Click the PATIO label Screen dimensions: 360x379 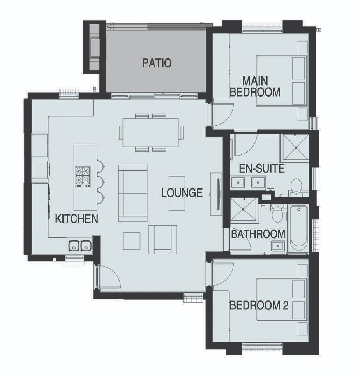[x=157, y=63]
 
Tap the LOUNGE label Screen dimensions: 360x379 [x=182, y=193]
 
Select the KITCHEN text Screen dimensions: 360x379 [x=76, y=219]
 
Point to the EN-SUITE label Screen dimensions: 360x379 [x=261, y=168]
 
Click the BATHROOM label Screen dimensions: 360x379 [x=258, y=234]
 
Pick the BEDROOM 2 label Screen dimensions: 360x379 [x=259, y=305]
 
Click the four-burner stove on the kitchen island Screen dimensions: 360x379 [x=83, y=177]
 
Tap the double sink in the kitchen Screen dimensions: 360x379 [x=80, y=246]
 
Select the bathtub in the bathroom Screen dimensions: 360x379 [x=298, y=229]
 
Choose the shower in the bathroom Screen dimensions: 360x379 [x=243, y=210]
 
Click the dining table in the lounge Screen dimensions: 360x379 [x=150, y=132]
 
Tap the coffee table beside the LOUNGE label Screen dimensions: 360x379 [x=177, y=193]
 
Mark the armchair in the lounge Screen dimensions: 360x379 [x=162, y=240]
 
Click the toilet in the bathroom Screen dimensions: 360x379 [x=277, y=213]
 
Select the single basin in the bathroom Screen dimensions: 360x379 [x=277, y=246]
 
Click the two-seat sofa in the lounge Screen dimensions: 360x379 [x=133, y=193]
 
